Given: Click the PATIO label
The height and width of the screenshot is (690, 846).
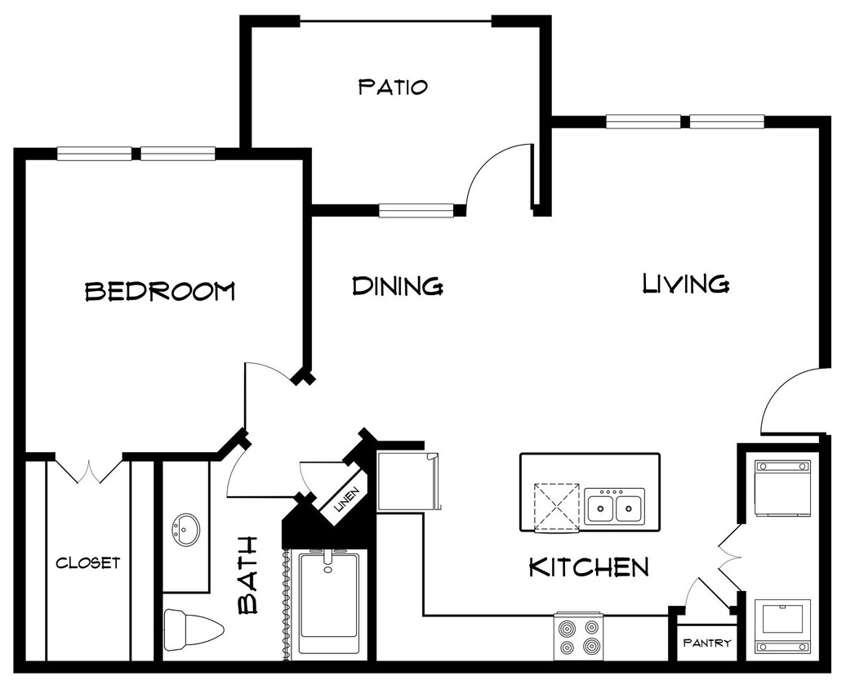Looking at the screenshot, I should (393, 87).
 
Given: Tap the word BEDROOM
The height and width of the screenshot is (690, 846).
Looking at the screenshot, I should (160, 291).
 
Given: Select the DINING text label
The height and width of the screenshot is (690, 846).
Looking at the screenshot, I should (398, 286).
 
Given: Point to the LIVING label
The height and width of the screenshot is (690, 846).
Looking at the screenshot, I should (685, 284).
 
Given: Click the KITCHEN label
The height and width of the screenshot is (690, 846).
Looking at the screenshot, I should (589, 567).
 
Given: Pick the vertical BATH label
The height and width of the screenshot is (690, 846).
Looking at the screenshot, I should (248, 575).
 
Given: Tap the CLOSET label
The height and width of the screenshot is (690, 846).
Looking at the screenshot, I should (87, 562).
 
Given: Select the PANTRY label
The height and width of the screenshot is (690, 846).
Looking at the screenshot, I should (706, 643).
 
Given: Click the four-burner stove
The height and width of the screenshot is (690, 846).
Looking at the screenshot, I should (577, 637).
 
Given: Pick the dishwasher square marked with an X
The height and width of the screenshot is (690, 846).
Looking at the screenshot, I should (557, 508).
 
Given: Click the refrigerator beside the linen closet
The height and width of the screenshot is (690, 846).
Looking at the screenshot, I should (407, 480).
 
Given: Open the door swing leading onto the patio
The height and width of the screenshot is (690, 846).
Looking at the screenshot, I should (500, 176).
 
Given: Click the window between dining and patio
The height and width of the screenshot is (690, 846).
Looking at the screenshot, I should (416, 211).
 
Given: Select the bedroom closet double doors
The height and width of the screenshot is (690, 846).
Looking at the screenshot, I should (89, 469).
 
